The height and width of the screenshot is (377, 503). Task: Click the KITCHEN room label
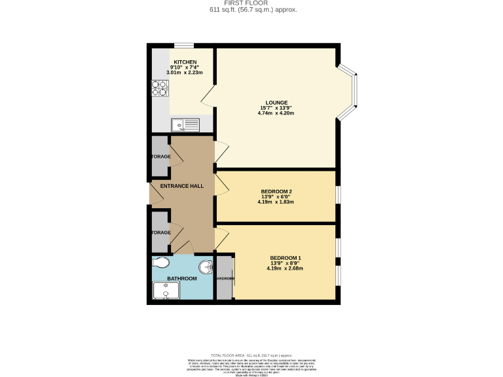coord(185,62)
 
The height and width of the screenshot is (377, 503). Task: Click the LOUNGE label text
coord(276,101)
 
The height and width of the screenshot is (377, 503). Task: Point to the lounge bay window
coord(352,92)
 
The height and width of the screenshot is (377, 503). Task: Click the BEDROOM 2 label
coord(276,191)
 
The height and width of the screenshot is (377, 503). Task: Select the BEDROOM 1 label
coord(285,257)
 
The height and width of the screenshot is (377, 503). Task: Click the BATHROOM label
coord(181,279)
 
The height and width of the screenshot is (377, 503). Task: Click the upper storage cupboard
coord(160,157)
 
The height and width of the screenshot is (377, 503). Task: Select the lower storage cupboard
coord(160,232)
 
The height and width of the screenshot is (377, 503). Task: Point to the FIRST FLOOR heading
coord(251,3)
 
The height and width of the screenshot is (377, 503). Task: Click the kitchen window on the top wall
coord(184,46)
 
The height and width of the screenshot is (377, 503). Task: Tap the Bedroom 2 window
coord(338,196)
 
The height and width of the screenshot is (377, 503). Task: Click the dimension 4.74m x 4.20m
coord(276,113)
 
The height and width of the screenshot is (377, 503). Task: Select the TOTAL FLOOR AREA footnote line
coord(251,353)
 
